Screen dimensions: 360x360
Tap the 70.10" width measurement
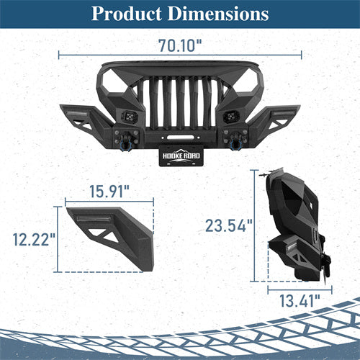point(180,45)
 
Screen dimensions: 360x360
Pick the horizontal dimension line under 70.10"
point(180,54)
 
